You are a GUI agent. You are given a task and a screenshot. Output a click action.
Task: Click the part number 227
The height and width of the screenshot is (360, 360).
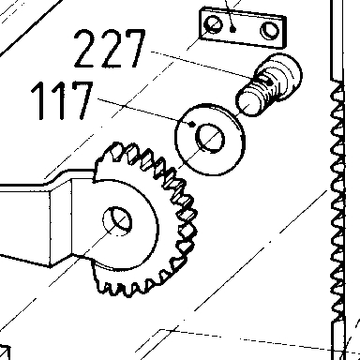point(110,49)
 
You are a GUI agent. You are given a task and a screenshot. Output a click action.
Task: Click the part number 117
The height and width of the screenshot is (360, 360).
point(62,100)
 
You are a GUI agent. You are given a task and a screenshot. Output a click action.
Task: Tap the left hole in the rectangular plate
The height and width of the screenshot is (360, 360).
point(213,24)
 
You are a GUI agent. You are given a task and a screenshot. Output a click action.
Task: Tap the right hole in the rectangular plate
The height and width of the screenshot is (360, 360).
point(270,30)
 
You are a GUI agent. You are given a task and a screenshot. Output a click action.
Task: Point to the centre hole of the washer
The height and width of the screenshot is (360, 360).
point(210,138)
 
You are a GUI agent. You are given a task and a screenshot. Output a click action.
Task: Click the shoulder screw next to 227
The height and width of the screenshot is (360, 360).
point(269,84)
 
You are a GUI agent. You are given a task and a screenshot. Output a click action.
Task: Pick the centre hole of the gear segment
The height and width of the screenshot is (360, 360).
point(117,221)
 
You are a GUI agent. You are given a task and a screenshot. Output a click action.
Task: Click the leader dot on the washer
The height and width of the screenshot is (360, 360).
point(192,124)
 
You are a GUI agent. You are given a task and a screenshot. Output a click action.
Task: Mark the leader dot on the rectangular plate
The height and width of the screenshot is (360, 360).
point(232,29)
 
